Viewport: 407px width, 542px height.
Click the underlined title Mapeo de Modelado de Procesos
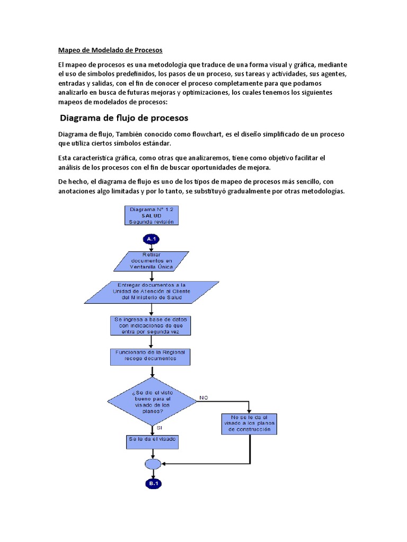click(110, 50)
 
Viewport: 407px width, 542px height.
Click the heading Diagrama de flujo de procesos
click(124, 118)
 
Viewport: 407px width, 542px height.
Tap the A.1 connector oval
click(152, 239)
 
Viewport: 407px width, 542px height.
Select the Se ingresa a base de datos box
click(151, 325)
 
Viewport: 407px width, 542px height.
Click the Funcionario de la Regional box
click(150, 357)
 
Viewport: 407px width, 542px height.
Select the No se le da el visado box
click(250, 423)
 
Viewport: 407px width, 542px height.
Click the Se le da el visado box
click(152, 440)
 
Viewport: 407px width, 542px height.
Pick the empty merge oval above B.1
click(153, 464)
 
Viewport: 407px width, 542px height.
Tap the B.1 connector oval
click(153, 484)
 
